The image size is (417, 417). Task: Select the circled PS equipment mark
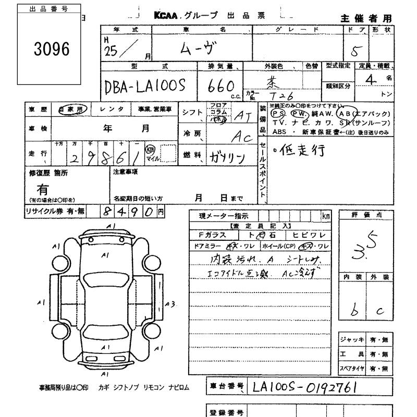tap(279, 113)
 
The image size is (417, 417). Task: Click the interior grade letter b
tap(354, 310)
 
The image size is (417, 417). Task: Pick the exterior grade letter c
tap(379, 311)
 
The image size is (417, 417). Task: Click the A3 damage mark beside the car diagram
tap(169, 303)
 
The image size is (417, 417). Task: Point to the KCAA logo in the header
tap(166, 16)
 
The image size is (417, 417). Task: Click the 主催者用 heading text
tap(365, 18)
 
